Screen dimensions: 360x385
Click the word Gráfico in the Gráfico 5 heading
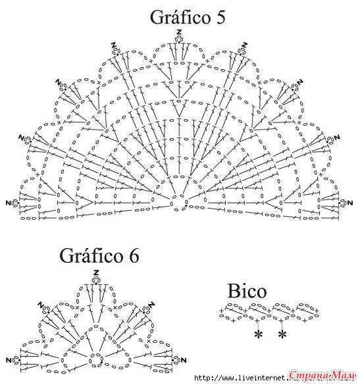180,18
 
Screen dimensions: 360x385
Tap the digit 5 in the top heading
221,17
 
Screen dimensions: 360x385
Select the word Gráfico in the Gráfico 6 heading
91,256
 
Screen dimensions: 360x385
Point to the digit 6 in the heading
134,256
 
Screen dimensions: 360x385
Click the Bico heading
247,291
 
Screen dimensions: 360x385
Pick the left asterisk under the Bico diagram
258,334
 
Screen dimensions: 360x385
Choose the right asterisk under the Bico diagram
282,334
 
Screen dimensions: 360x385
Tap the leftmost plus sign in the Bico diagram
221,311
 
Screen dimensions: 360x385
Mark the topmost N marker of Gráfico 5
179,32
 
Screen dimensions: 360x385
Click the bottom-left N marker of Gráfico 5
9,203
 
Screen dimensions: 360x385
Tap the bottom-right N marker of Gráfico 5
350,203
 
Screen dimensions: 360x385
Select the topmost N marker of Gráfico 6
96,272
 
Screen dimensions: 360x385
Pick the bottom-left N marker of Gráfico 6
9,360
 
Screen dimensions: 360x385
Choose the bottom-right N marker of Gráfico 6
184,360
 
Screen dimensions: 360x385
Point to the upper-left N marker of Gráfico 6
41,305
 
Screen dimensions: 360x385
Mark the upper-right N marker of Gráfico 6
151,305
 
